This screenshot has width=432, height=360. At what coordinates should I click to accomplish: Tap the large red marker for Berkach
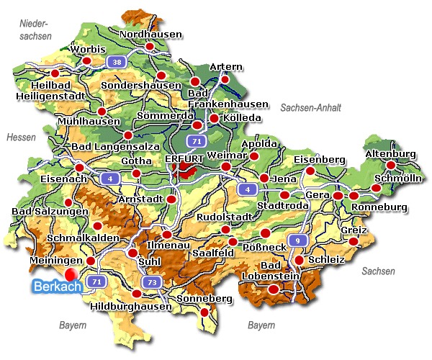pos(70,274)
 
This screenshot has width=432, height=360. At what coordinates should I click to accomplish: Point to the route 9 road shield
pos(297,240)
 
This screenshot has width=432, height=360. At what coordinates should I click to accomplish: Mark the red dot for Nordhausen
pos(150,47)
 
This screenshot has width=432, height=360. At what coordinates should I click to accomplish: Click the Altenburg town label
pos(391,154)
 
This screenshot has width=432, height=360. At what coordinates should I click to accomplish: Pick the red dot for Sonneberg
pos(204,312)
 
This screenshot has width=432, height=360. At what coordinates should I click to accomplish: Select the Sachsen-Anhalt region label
pos(310,107)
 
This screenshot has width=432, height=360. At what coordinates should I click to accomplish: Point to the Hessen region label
pos(20,137)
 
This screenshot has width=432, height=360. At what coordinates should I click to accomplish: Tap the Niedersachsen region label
pos(35,30)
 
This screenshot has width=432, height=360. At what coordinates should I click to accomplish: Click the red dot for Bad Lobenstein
pos(273,289)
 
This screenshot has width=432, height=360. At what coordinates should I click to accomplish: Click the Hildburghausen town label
pos(132,306)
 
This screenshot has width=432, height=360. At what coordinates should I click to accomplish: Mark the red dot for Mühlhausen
pos(102,111)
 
